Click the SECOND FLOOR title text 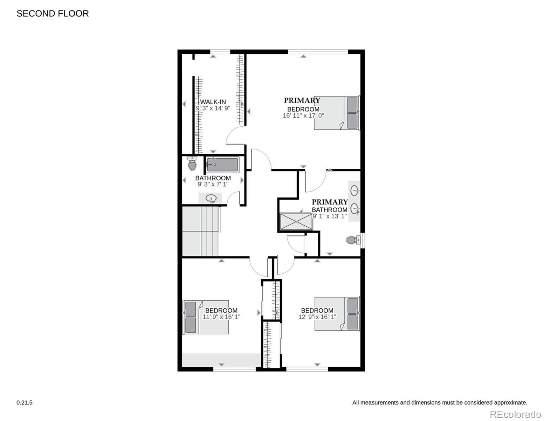(53, 13)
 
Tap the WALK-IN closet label (213, 102)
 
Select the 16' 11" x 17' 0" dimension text (303, 115)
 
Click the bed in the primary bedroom (337, 113)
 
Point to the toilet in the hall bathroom (192, 164)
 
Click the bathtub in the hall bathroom (222, 165)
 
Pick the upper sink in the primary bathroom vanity (355, 191)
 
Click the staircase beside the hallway (200, 231)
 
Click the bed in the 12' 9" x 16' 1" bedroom (337, 314)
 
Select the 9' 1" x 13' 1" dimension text (329, 216)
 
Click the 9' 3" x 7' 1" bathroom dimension (213, 184)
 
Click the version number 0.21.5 (25, 402)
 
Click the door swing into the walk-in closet (235, 136)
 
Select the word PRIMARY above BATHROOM (330, 202)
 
